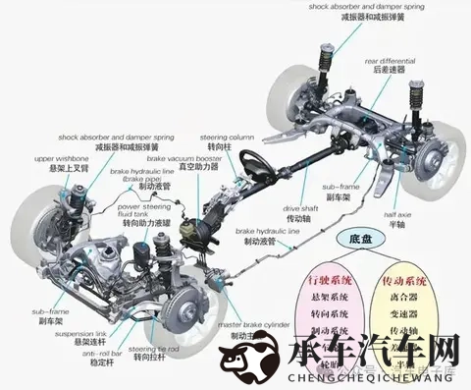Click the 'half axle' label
click(x=397, y=214)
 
